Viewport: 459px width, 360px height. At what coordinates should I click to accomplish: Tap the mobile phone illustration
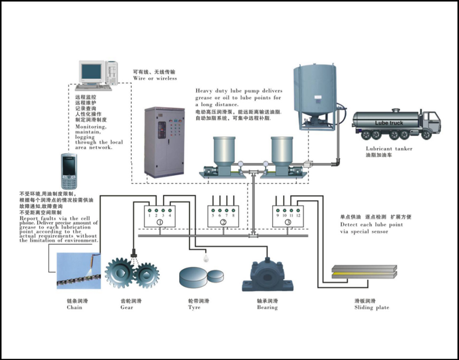tap(69, 172)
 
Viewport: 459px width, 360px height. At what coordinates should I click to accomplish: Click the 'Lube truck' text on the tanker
tap(389, 123)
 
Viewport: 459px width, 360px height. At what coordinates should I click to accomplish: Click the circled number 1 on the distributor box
tap(159, 222)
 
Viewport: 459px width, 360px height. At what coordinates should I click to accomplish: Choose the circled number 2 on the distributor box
tap(224, 222)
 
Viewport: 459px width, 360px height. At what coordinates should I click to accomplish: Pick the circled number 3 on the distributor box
tap(288, 222)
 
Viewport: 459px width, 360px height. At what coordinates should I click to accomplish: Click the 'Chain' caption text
tap(74, 308)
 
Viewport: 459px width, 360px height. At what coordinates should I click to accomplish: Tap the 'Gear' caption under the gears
tap(127, 308)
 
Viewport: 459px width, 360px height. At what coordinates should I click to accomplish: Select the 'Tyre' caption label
tap(194, 308)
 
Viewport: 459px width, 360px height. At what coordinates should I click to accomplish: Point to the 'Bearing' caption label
tap(267, 308)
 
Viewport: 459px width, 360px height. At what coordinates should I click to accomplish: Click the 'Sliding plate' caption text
tap(372, 308)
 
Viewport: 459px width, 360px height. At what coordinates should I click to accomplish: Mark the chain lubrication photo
tap(78, 270)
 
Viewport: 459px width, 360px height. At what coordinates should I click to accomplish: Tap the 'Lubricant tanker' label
tap(389, 149)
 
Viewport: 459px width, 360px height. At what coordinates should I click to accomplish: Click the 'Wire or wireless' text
tap(155, 79)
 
